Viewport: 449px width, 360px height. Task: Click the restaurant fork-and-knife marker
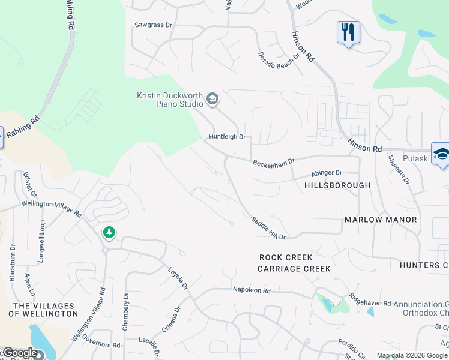point(348,31)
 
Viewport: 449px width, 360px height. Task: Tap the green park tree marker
point(109,232)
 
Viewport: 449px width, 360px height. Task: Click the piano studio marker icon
point(212,99)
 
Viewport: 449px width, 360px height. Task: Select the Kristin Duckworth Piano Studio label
point(170,100)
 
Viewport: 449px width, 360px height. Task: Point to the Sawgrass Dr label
point(153,25)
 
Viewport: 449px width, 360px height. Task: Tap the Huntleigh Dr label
point(228,137)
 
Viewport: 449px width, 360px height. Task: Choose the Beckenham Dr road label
point(274,162)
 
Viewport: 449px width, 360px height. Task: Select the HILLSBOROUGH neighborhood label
point(337,185)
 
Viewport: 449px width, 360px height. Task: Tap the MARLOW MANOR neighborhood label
point(381,220)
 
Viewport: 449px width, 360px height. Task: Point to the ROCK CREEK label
point(286,257)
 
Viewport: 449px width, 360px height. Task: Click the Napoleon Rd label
point(252,290)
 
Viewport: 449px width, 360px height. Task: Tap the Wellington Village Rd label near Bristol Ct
point(52,208)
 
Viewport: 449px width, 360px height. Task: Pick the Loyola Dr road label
point(178,278)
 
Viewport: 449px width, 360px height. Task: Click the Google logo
point(20,353)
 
